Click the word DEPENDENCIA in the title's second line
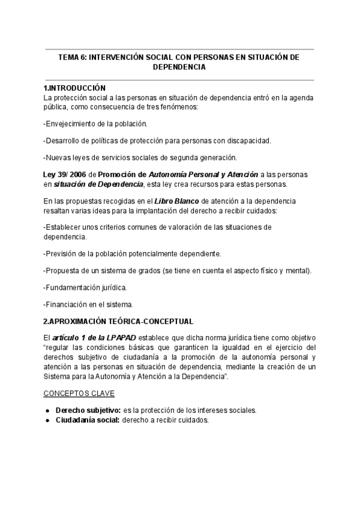coord(180,67)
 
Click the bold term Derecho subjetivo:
coord(88,411)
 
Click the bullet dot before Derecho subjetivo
coord(47,411)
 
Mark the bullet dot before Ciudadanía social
coord(47,420)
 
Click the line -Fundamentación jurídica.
coord(85,288)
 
